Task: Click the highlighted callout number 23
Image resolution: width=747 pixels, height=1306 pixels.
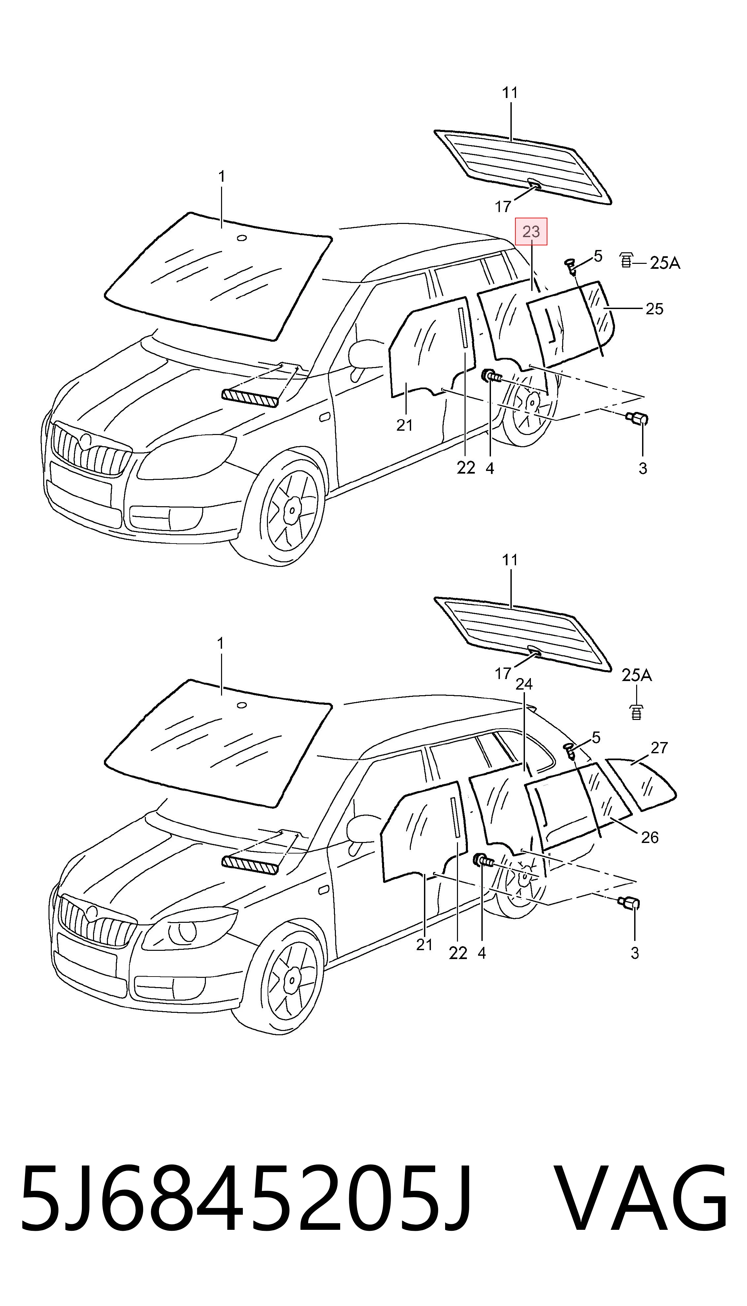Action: pos(531,232)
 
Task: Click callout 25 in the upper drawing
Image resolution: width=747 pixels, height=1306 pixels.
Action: pos(654,309)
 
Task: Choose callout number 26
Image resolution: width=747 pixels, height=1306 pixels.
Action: pos(650,837)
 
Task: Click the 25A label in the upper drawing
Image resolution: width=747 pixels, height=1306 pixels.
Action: pos(665,263)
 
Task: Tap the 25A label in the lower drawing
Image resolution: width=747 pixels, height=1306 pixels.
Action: pos(637,675)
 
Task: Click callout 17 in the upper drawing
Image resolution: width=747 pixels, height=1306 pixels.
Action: pos(503,207)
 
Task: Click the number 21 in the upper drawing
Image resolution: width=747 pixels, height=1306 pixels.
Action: pos(404,425)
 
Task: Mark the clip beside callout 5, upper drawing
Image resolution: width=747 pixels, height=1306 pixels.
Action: pos(570,265)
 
